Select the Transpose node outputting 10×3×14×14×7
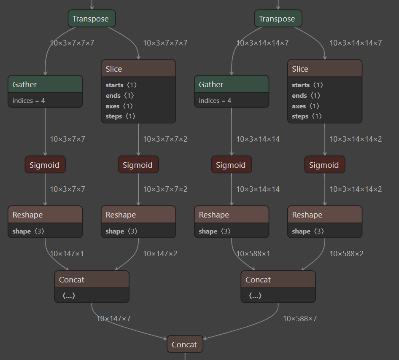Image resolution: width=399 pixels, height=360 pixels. [278, 19]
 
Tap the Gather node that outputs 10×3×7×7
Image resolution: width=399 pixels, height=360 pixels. [45, 85]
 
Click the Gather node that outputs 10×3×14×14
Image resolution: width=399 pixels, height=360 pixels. [232, 85]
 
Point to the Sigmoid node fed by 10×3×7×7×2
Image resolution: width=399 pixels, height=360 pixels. [138, 165]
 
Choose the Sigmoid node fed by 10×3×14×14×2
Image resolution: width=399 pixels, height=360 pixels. [324, 165]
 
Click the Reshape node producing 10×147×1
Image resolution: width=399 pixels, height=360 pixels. [45, 215]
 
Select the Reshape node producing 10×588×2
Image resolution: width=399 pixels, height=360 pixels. [324, 215]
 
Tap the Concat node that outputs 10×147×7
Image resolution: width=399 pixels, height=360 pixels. [92, 280]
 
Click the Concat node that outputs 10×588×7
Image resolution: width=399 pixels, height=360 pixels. [278, 280]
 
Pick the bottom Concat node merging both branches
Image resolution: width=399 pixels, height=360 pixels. [185, 344]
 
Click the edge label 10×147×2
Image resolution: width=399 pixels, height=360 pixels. [160, 254]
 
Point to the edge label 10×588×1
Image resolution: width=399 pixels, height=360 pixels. [253, 254]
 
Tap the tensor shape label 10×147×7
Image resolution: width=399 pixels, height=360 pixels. [113, 319]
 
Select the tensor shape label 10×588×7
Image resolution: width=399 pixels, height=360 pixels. [299, 319]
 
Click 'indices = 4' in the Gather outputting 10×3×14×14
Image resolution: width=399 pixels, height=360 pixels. [215, 101]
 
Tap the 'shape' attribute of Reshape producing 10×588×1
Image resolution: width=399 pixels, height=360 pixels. [208, 231]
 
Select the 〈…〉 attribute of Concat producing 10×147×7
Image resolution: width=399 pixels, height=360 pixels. [69, 296]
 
